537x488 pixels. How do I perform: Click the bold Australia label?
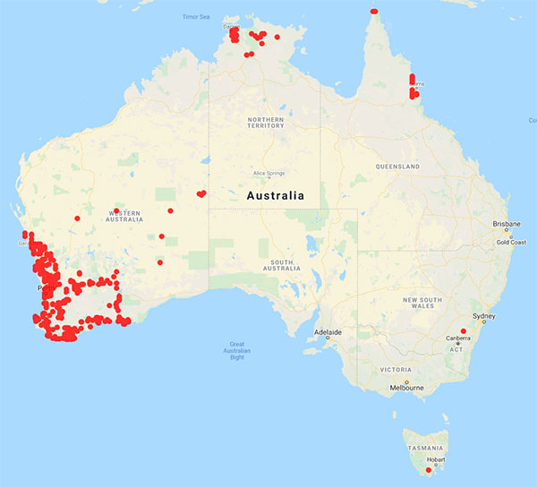click(x=275, y=195)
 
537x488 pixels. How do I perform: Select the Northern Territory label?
click(x=266, y=122)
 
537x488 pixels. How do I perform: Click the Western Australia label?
click(x=125, y=217)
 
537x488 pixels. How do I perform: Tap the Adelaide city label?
click(x=328, y=332)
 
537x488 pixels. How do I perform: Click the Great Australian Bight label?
click(x=236, y=350)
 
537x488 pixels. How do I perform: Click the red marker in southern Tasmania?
click(x=428, y=470)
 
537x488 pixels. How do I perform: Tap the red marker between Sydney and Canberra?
click(x=464, y=331)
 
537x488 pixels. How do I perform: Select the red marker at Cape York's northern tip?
click(x=374, y=11)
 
